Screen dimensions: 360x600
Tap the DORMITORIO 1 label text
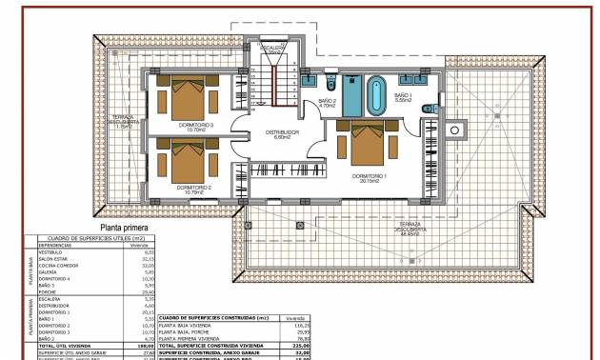tap(369, 176)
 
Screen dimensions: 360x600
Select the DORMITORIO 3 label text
tap(196, 124)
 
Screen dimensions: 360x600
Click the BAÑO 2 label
tap(327, 101)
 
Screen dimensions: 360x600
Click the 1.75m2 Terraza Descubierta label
tap(125, 120)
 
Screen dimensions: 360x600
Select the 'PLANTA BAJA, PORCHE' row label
tap(190, 331)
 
